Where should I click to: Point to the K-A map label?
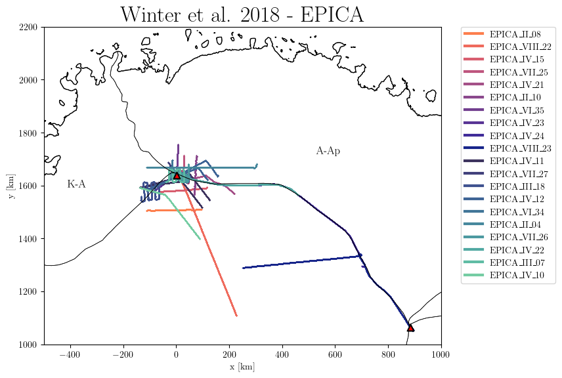76,184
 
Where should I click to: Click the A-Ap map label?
328,152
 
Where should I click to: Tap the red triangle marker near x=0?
177,175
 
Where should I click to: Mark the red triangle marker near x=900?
410,327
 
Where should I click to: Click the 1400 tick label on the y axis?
32,239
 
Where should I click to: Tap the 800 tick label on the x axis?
388,354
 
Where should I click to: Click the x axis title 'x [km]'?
242,367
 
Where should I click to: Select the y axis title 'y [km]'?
11,186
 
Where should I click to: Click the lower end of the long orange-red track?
236,316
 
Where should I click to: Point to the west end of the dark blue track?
244,268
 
